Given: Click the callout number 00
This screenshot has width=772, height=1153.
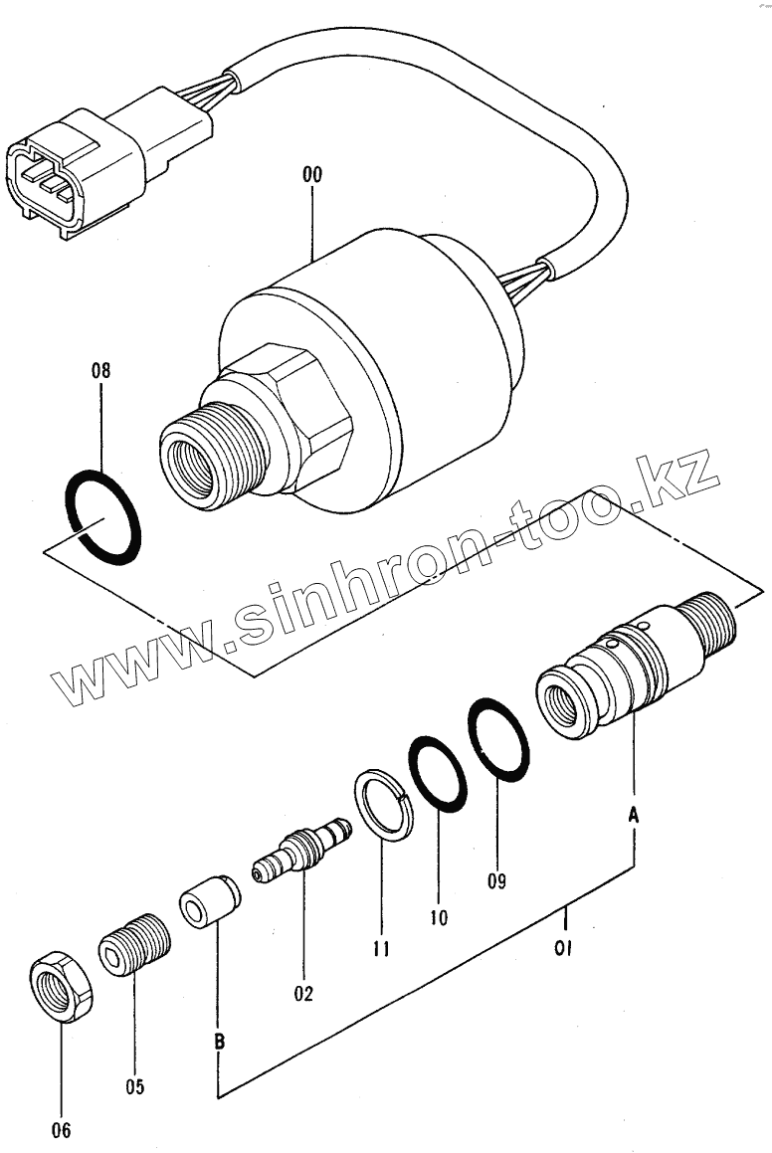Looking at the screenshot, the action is click(x=312, y=175).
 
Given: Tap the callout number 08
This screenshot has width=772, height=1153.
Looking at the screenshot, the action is click(x=100, y=371).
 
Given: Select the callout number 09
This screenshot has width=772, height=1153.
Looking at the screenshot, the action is click(x=496, y=879).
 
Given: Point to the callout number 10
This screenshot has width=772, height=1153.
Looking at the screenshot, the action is click(x=439, y=916).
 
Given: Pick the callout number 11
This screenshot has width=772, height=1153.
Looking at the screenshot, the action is click(x=379, y=949).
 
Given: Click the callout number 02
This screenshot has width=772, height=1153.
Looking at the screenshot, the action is click(x=302, y=992).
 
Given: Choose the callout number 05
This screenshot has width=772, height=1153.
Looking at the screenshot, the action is click(x=134, y=1086).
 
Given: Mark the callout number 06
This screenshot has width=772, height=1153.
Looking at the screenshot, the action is click(x=61, y=1129).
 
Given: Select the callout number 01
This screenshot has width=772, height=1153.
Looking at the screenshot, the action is click(x=563, y=949).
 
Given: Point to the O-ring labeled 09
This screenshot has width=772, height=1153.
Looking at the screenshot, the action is click(x=498, y=739).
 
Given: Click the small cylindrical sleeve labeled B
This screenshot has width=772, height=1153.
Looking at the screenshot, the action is click(x=210, y=901).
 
